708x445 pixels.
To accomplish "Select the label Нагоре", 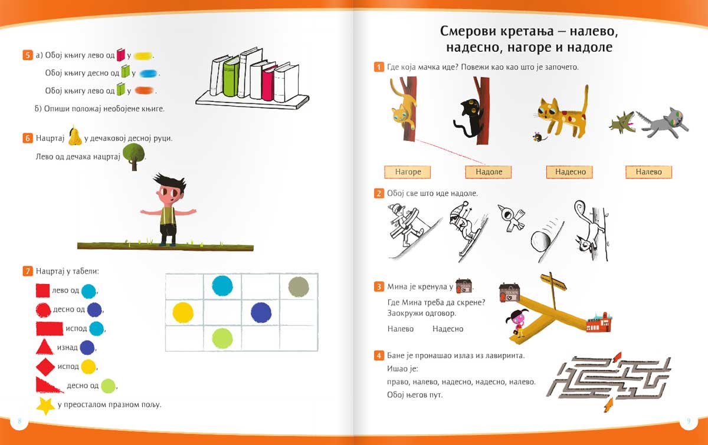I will [408, 172].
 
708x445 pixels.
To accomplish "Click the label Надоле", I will [488, 172].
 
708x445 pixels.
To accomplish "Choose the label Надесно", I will [571, 172].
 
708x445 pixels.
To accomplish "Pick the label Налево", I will [648, 172].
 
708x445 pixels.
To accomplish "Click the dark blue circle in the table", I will [261, 312].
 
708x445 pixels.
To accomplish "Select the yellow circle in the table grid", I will [183, 312].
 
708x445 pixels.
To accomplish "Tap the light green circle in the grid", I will [222, 338].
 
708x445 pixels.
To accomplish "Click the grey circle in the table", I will [299, 286].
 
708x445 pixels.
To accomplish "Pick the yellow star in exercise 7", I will [45, 406].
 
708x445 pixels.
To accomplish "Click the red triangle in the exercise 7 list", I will [44, 347].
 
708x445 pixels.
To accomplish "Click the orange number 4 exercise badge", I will [379, 355].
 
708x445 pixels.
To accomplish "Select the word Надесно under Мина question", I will [448, 329].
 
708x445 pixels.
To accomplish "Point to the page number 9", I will [688, 421].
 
